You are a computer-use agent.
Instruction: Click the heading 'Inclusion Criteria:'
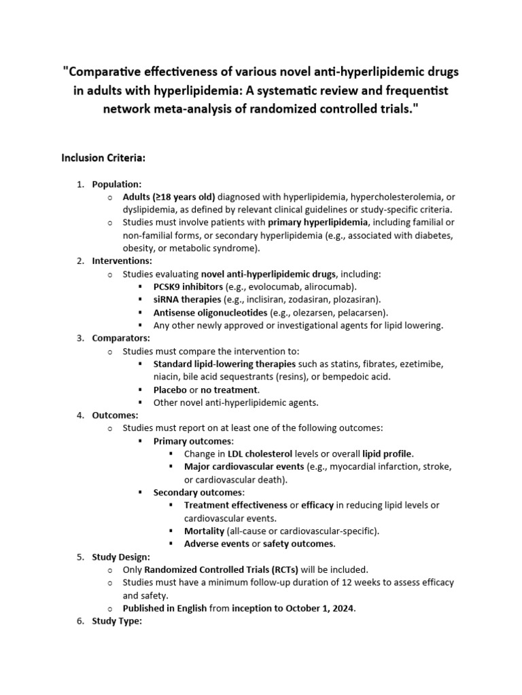point(103,158)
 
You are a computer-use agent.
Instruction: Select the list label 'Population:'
point(117,184)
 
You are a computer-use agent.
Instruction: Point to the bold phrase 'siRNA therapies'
point(187,299)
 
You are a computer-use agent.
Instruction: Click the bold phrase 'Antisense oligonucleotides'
point(210,312)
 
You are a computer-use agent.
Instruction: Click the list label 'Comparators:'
point(121,338)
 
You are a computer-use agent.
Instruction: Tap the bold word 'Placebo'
point(169,390)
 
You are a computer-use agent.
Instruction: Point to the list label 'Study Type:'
point(117,621)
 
